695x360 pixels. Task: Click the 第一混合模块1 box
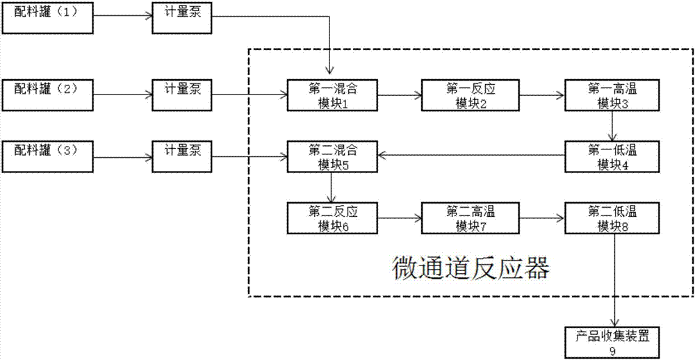coord(332,95)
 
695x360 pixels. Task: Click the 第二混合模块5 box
coord(332,156)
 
